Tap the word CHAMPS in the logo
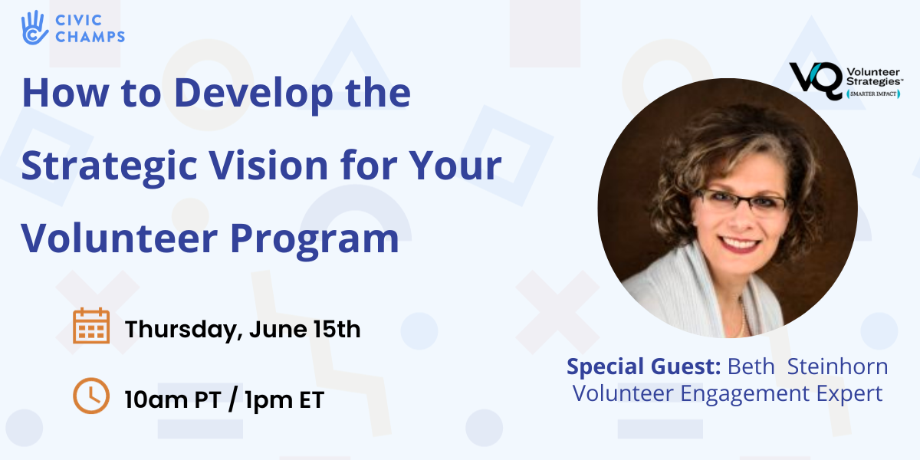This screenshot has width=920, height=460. point(89,36)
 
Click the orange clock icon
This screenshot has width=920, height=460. point(91,396)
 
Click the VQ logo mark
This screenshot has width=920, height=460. point(814,80)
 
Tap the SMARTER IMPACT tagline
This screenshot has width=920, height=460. point(872,94)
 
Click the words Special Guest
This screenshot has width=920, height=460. point(643,366)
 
